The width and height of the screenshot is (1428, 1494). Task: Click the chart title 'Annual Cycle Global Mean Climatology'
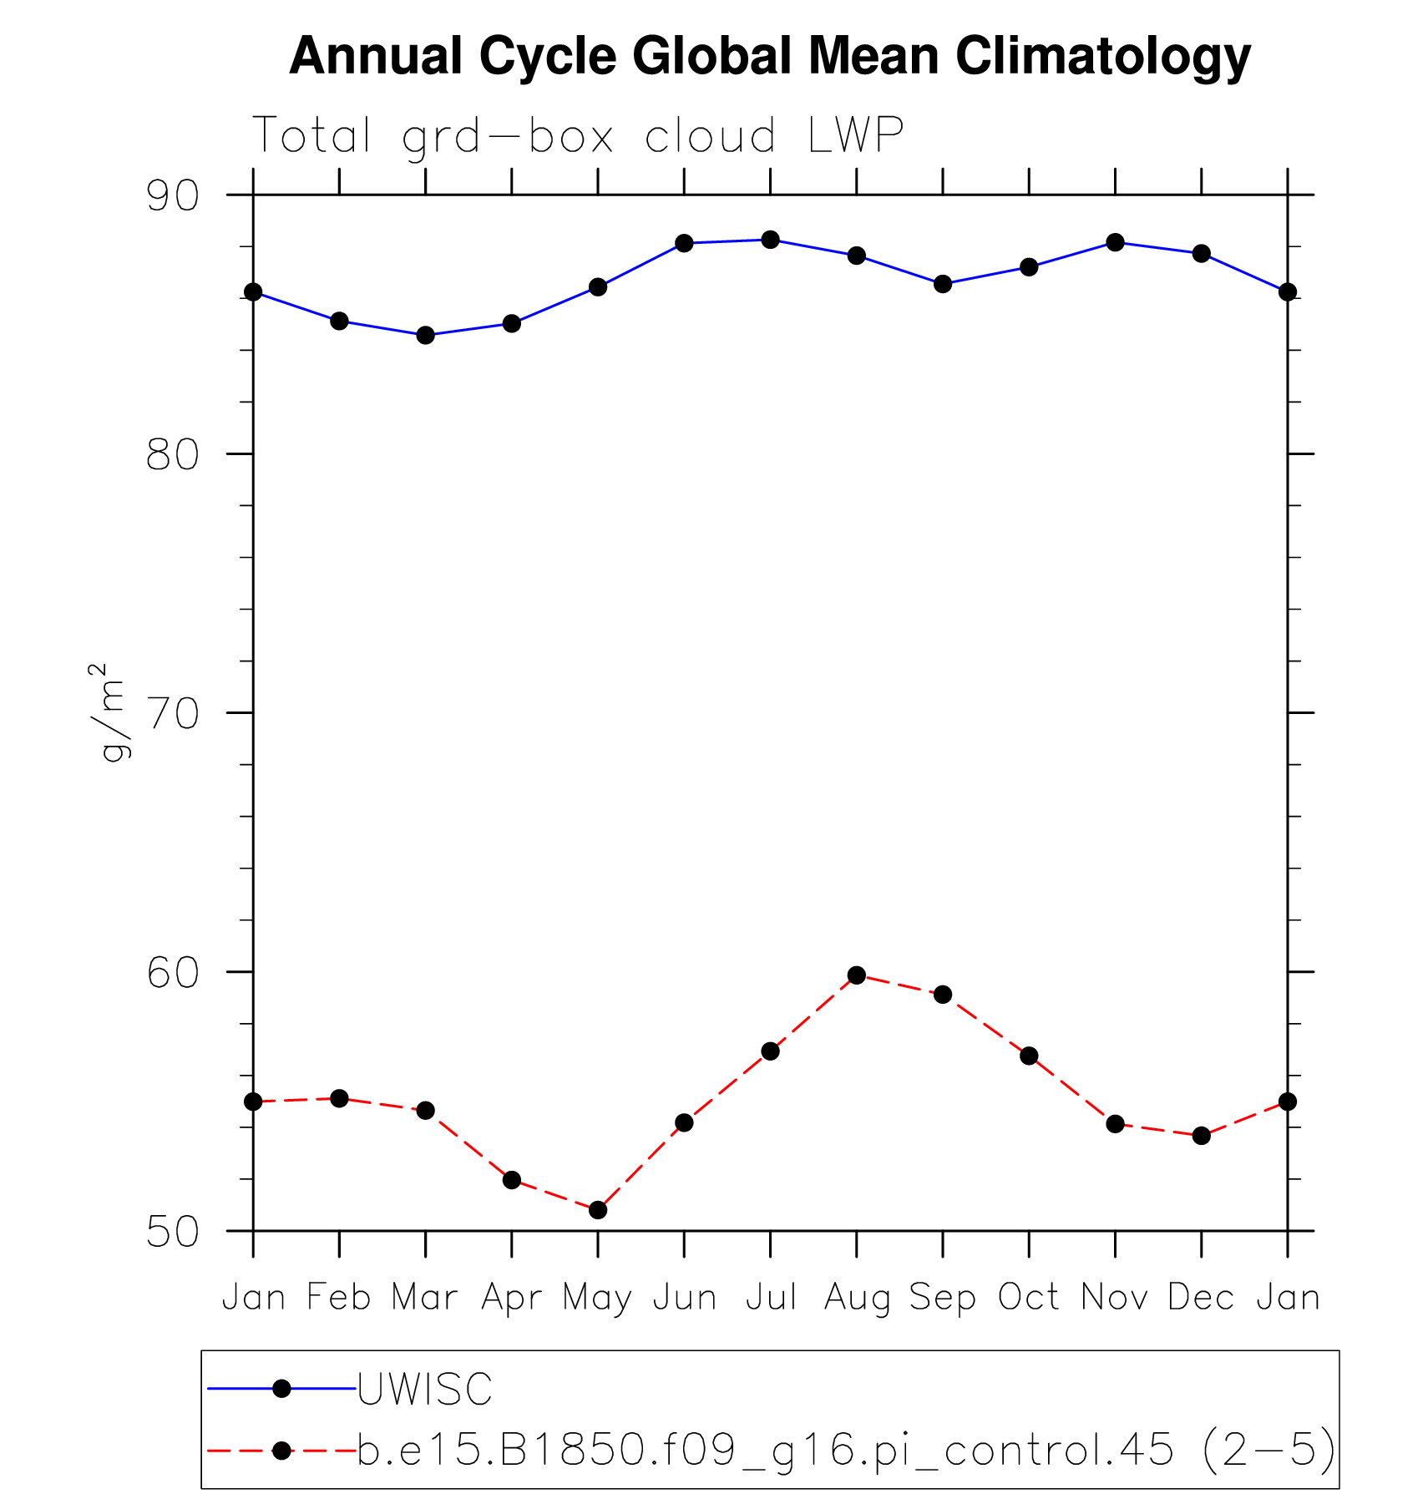pos(769,56)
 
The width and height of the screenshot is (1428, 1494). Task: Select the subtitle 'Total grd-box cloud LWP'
pos(578,135)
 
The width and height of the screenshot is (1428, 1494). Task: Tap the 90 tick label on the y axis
pos(173,196)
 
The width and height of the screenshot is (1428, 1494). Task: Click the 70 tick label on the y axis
pos(173,714)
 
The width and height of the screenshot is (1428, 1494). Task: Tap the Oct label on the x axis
pos(1029,1297)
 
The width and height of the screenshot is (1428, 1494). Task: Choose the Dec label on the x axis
pos(1201,1297)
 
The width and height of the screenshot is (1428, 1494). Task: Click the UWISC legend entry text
pos(425,1389)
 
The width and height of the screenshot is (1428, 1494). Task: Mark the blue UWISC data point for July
pos(770,240)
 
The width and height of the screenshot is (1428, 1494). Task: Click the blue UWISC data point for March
pos(425,335)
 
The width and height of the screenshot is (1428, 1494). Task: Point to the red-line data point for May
pos(598,1209)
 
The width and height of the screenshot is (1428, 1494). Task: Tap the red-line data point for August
pos(856,975)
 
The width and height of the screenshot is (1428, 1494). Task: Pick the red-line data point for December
pos(1201,1135)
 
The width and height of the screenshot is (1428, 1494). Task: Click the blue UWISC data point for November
pos(1115,242)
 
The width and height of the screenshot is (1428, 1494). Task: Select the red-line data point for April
pos(512,1179)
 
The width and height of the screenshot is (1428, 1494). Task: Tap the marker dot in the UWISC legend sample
pos(282,1388)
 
